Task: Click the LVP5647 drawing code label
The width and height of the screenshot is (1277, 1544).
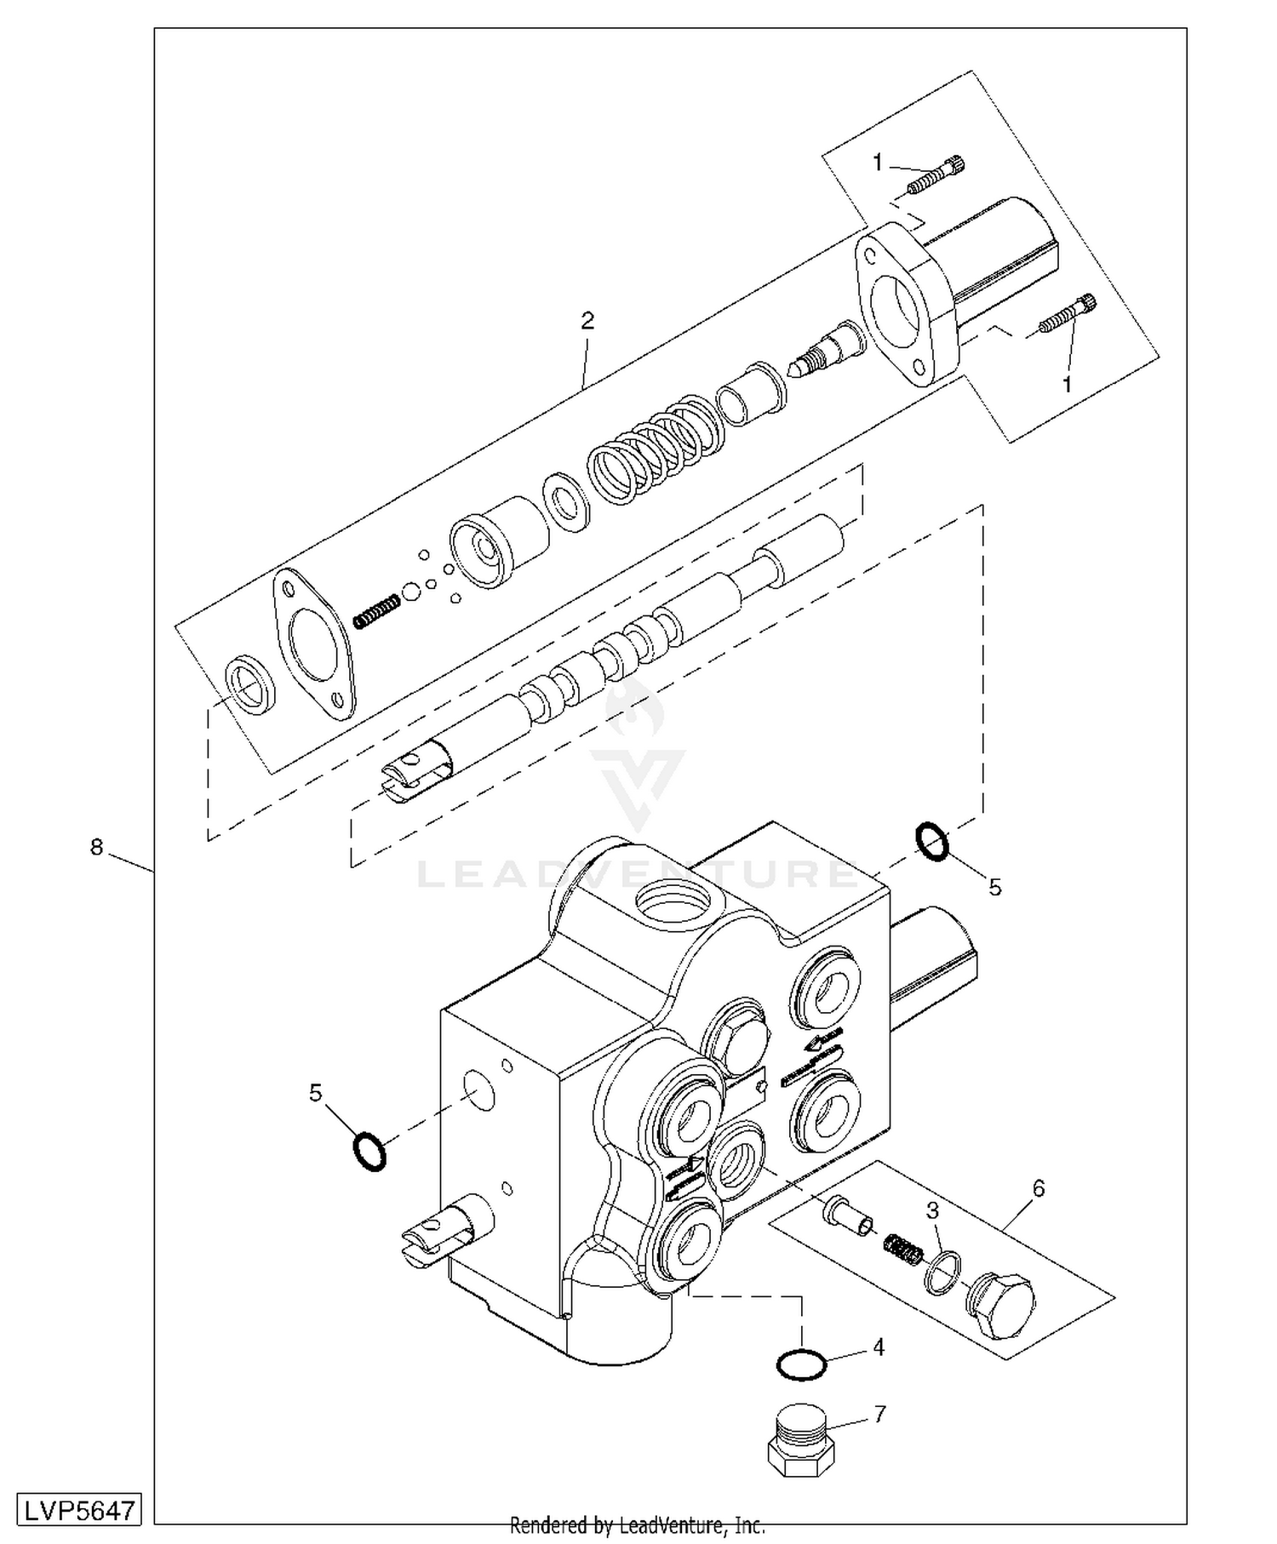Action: [78, 1510]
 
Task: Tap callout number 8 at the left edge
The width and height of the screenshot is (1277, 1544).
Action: [96, 848]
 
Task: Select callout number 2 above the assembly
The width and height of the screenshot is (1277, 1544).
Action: [587, 321]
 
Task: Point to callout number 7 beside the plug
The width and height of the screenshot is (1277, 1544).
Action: [879, 1415]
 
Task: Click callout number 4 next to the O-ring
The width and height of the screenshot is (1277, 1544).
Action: [879, 1347]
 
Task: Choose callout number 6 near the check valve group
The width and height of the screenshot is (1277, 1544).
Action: [1038, 1188]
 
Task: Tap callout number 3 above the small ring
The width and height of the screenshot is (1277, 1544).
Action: [933, 1210]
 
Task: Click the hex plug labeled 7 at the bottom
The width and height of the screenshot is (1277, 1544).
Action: [801, 1439]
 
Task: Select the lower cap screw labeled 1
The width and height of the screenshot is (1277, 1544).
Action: [1068, 315]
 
